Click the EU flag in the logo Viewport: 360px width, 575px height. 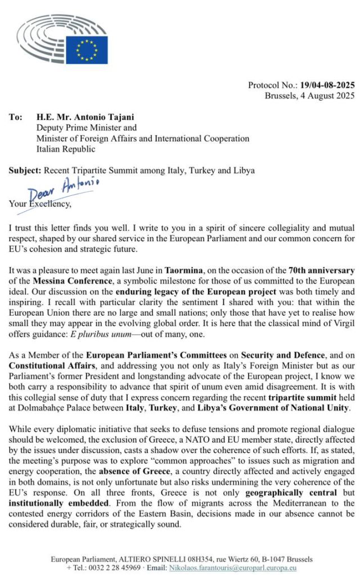coord(87,50)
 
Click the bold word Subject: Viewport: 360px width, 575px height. coord(25,170)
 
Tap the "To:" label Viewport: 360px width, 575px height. coord(16,118)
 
